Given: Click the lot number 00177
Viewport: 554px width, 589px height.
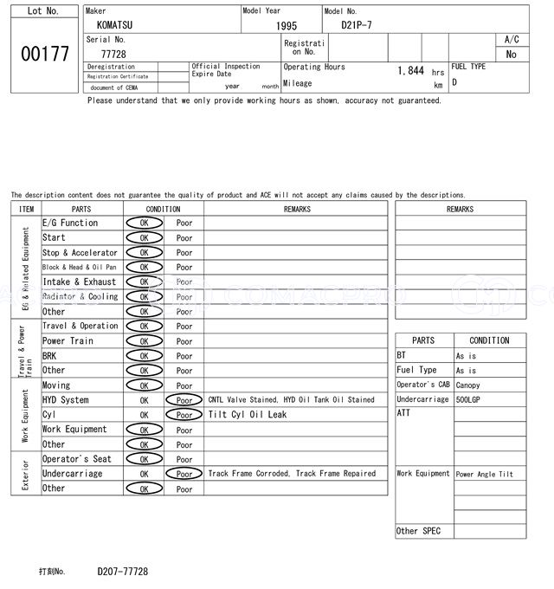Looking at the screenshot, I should pos(44,54).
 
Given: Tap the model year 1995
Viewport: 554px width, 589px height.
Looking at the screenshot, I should pos(287,26).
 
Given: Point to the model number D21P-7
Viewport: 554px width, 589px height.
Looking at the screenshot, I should pos(358,25).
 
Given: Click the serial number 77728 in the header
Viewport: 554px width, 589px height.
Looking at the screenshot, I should pos(113,54).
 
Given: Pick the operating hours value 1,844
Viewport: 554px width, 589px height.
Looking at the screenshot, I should pos(410,71).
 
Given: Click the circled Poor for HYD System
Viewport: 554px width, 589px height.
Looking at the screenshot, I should pos(184,400).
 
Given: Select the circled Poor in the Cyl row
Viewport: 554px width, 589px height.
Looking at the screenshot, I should pos(184,415).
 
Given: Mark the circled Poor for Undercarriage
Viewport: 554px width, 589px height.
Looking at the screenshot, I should pos(184,474).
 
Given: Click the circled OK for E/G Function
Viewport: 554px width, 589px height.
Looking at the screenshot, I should pos(144,223).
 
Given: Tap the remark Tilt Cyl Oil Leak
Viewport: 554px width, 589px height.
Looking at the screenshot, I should pos(247,415).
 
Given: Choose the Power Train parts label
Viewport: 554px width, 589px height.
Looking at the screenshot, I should pos(67,341).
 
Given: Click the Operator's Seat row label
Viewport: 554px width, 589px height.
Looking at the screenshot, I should pos(77,459).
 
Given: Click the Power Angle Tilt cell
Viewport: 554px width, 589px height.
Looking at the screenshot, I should pos(484,475).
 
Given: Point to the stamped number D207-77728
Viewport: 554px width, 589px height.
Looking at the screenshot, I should pos(122,572).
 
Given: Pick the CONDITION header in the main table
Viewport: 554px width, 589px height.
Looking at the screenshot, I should pos(163,209).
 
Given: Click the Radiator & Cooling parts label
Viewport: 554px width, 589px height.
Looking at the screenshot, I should pos(80,297).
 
